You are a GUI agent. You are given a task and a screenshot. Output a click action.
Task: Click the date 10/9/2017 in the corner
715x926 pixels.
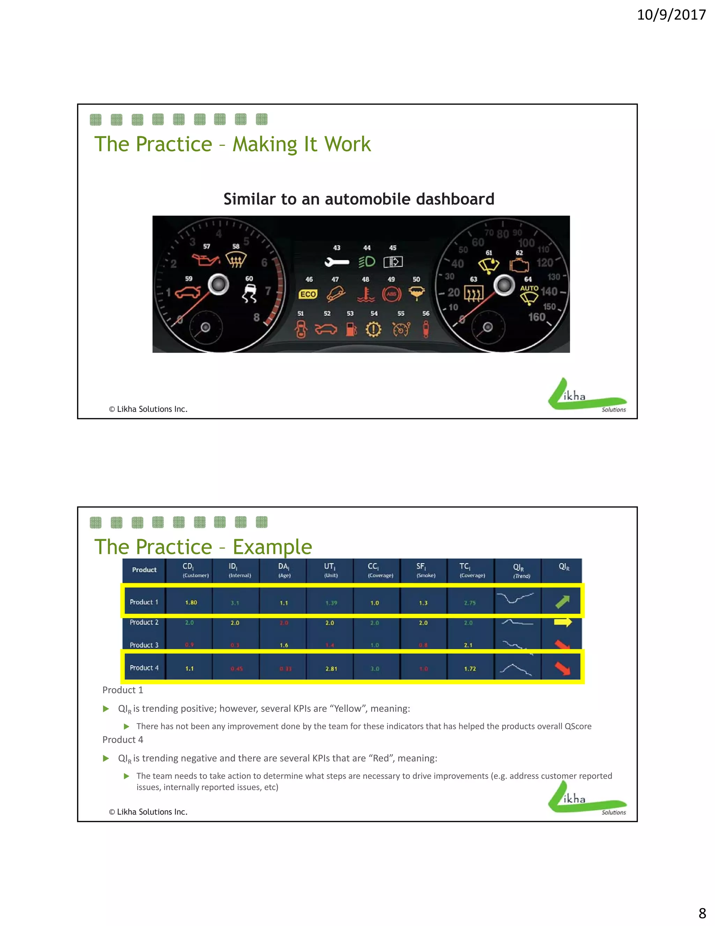pyautogui.click(x=671, y=15)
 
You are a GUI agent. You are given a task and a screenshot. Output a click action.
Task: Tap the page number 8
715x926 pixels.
pyautogui.click(x=702, y=912)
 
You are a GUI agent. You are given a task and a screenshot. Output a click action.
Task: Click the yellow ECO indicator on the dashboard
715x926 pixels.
pyautogui.click(x=308, y=294)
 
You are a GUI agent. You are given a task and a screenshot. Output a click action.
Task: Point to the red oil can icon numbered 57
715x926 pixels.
pyautogui.click(x=205, y=259)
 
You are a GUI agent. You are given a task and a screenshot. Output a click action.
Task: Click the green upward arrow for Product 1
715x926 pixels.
pyautogui.click(x=562, y=602)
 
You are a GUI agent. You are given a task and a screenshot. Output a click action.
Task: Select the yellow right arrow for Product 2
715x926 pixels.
pyautogui.click(x=562, y=622)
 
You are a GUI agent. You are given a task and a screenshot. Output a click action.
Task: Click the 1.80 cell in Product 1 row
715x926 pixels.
pyautogui.click(x=191, y=602)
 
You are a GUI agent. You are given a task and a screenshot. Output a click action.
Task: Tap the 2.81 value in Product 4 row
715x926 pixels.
pyautogui.click(x=331, y=668)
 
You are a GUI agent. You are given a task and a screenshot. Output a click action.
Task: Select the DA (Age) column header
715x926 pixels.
pyautogui.click(x=284, y=570)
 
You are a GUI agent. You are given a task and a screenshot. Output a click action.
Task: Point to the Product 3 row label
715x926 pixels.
pyautogui.click(x=144, y=645)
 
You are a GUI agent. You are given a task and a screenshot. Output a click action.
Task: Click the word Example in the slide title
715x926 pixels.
pyautogui.click(x=272, y=547)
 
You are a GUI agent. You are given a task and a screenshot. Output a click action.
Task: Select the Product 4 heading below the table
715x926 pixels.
pyautogui.click(x=123, y=740)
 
